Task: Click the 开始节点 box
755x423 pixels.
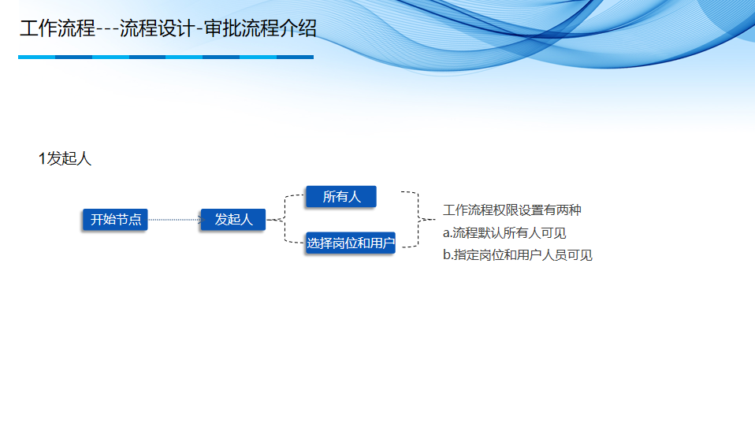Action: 116,220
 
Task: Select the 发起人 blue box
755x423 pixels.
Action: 233,220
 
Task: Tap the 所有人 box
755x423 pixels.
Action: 341,197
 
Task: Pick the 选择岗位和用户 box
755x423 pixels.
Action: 350,243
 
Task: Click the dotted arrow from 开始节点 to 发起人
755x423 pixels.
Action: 174,220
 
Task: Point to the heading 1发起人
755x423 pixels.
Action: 65,159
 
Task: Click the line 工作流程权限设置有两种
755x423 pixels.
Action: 512,210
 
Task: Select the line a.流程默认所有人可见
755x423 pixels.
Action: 504,233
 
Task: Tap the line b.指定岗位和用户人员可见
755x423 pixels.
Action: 517,255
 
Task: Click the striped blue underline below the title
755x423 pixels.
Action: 166,57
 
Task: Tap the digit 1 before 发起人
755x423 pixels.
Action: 42,159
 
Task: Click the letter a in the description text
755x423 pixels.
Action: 446,234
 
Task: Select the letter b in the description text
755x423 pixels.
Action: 446,255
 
